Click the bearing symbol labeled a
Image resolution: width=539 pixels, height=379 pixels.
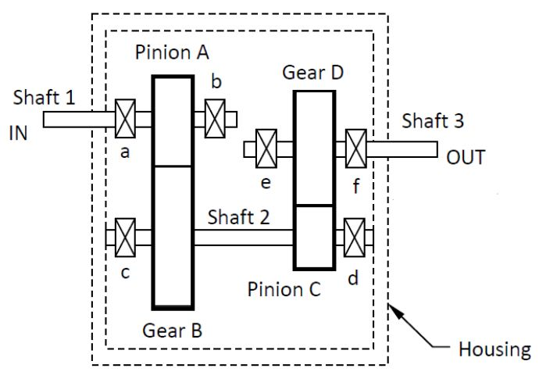[126, 119]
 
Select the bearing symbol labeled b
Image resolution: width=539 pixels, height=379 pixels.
[216, 119]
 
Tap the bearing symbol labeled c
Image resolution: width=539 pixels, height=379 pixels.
[126, 237]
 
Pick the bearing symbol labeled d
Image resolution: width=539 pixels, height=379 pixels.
[356, 237]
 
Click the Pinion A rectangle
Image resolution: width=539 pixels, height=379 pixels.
[173, 121]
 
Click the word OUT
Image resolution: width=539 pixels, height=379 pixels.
[466, 158]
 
